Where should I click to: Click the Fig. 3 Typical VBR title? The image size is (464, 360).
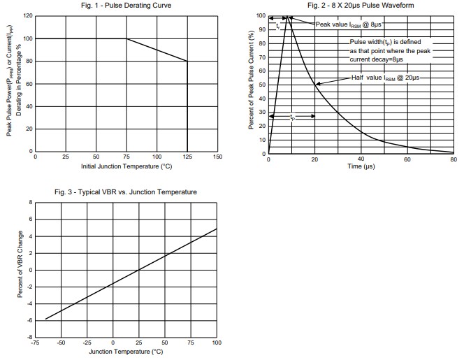pyautogui.click(x=126, y=192)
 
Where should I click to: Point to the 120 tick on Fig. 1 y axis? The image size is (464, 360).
pyautogui.click(x=27, y=15)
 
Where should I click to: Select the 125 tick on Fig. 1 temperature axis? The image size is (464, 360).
pyautogui.click(x=187, y=157)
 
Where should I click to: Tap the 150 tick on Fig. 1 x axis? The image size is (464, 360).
pyautogui.click(x=218, y=157)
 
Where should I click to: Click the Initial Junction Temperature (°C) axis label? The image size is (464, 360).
pyautogui.click(x=126, y=166)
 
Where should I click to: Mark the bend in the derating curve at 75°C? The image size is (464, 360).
pyautogui.click(x=126, y=38)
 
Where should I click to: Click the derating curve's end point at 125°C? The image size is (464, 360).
pyautogui.click(x=187, y=61)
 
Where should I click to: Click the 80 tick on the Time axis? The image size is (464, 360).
pyautogui.click(x=453, y=159)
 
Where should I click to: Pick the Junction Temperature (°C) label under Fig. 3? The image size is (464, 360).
pyautogui.click(x=126, y=351)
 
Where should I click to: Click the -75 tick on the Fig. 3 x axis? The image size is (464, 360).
pyautogui.click(x=35, y=343)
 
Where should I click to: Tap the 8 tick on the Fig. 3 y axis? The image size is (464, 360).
pyautogui.click(x=31, y=202)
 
